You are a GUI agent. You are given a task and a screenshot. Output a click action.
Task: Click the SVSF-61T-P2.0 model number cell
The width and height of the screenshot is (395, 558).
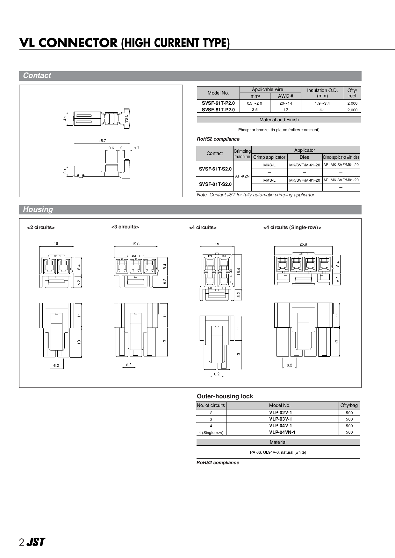(x=218, y=103)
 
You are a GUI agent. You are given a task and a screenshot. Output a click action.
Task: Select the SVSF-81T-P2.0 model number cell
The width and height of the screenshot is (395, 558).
(x=218, y=110)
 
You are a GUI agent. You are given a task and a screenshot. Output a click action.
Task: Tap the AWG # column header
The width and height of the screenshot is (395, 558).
(x=285, y=96)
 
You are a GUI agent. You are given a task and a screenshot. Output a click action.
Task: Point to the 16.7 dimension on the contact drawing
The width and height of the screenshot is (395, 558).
(x=102, y=141)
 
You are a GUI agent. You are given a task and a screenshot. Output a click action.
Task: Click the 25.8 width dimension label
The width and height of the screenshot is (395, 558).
(x=303, y=244)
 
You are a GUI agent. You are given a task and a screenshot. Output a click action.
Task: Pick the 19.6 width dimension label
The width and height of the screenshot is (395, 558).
(x=136, y=244)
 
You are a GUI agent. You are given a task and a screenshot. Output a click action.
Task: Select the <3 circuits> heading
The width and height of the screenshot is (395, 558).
(x=125, y=227)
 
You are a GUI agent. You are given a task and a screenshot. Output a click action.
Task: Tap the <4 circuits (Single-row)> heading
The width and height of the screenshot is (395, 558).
(x=292, y=228)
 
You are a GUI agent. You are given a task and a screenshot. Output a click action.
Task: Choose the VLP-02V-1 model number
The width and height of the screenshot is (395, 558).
(x=280, y=413)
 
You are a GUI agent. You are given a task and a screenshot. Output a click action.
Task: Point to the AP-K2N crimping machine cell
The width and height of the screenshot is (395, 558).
(x=242, y=176)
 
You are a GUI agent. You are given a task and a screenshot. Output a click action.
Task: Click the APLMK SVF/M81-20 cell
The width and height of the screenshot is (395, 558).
(x=341, y=180)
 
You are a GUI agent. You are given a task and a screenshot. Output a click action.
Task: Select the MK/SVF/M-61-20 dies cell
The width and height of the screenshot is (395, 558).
(x=305, y=165)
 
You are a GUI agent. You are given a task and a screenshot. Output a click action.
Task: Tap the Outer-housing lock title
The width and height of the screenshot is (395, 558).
(x=225, y=396)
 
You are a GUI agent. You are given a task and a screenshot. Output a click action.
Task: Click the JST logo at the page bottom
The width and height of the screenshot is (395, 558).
(x=35, y=542)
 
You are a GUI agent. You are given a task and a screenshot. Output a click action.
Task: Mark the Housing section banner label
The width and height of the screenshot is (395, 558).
(x=38, y=210)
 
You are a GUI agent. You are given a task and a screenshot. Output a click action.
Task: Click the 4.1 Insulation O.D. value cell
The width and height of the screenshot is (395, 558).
(x=322, y=110)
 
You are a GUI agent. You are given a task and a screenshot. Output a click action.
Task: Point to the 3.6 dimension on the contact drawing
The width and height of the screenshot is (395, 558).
(x=111, y=148)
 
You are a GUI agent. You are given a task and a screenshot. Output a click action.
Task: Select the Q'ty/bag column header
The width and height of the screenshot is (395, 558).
(x=349, y=406)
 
